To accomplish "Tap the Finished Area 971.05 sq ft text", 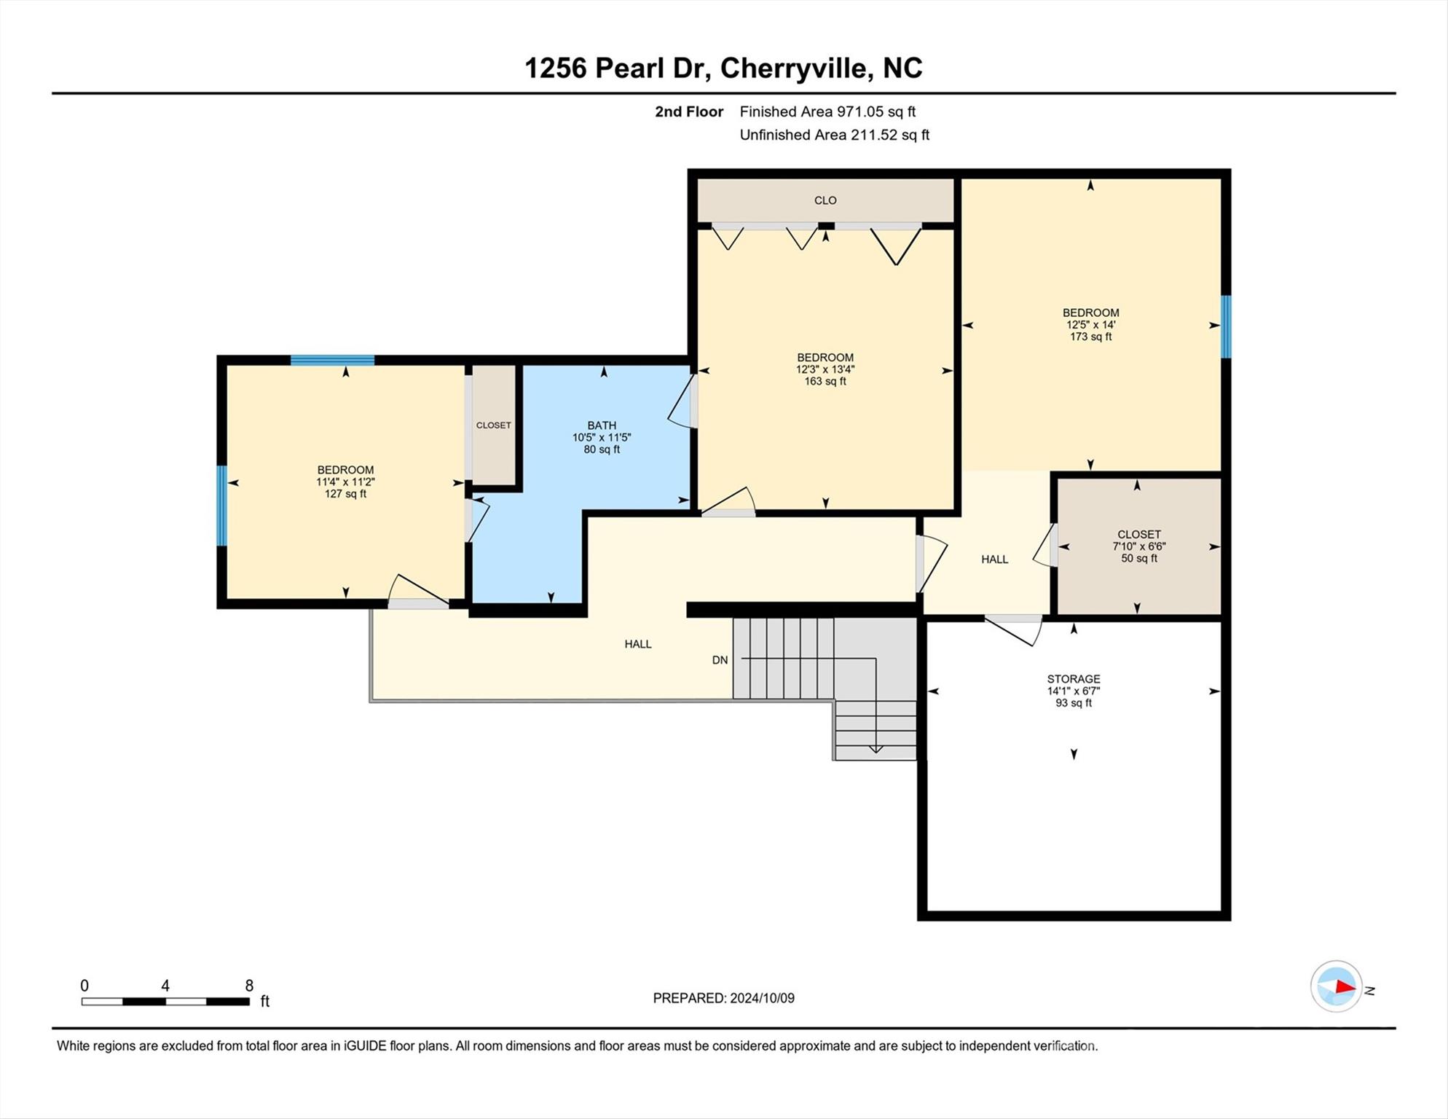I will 827,111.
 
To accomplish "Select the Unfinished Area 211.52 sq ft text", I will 834,135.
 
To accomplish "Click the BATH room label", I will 602,425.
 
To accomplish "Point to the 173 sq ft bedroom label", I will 1090,324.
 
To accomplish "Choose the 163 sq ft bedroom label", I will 825,369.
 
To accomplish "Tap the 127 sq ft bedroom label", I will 345,482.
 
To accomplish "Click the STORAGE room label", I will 1073,679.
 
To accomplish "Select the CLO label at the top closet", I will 825,200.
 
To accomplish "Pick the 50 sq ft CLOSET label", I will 1138,546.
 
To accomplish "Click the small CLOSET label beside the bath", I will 493,425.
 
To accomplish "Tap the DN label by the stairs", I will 720,660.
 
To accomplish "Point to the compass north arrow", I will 1337,987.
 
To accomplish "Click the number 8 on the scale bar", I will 249,986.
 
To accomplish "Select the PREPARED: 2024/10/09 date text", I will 723,998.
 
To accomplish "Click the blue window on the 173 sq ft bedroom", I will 1225,326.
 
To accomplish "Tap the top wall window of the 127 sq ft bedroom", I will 332,360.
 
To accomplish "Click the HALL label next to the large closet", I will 994,559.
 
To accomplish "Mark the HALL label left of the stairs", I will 637,644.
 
